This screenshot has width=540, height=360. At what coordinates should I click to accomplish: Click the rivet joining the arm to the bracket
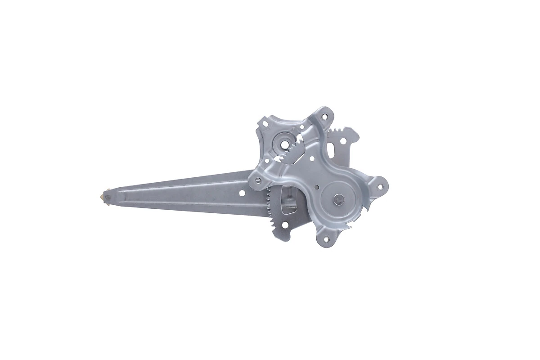(x=258, y=181)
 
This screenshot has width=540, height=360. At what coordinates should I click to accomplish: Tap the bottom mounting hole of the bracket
(x=326, y=239)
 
